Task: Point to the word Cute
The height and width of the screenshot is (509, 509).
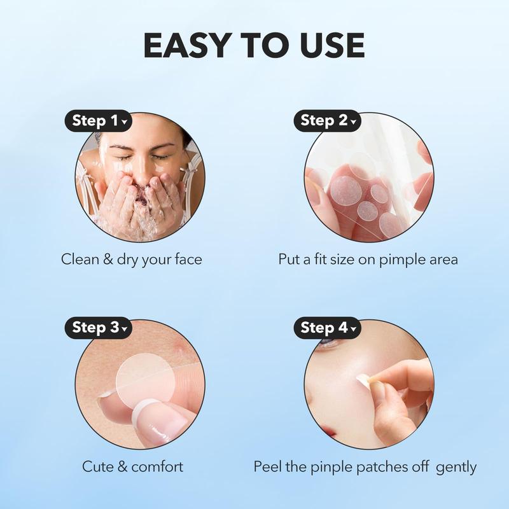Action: point(97,466)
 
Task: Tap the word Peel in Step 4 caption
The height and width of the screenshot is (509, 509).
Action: point(267,466)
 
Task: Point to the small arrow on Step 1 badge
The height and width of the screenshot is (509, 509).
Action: point(123,121)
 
